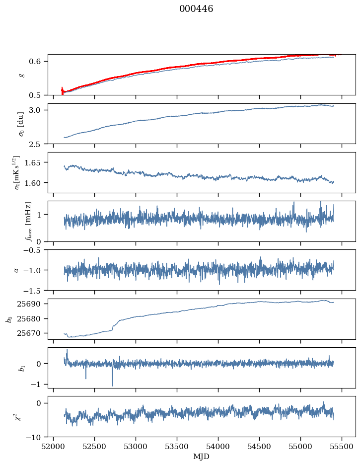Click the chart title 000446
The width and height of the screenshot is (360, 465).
point(196,9)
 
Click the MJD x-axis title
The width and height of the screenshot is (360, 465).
point(201,457)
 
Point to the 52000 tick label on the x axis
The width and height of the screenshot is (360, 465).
point(53,447)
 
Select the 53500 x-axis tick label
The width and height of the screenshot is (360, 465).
point(177,447)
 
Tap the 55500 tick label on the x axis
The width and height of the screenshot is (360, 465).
point(342,447)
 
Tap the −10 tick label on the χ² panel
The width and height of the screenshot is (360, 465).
point(35,437)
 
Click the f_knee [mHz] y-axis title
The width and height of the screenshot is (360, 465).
point(28,221)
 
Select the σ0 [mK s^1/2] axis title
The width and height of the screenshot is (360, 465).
point(18,172)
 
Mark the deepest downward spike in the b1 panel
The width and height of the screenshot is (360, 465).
point(113,386)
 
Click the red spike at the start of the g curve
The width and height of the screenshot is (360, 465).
point(62,90)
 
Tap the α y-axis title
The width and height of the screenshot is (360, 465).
point(16,270)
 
